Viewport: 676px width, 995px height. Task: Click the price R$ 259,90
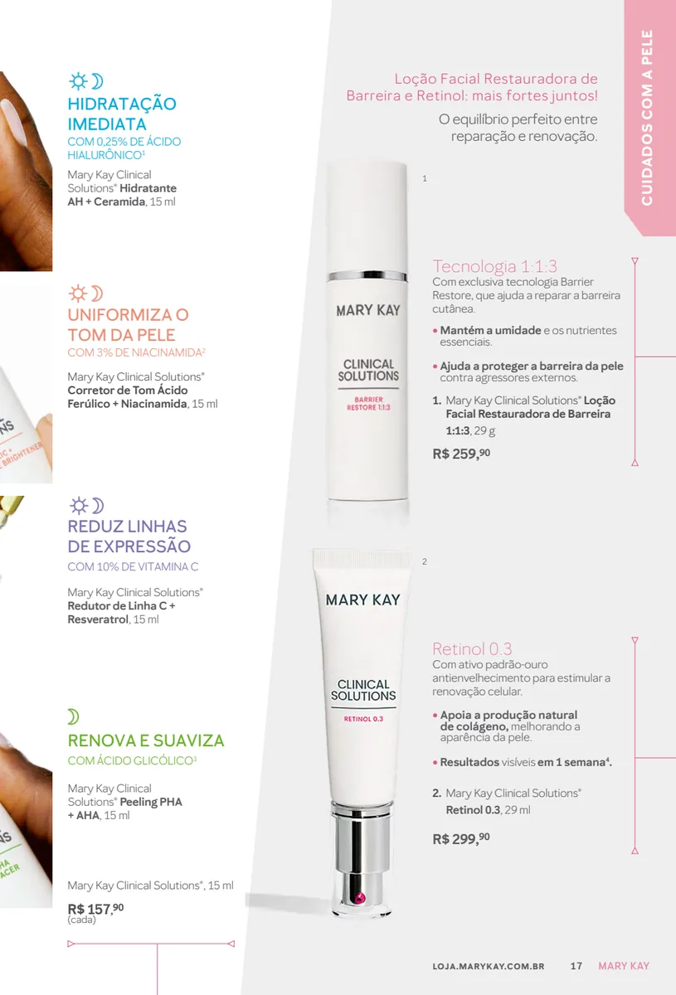point(461,454)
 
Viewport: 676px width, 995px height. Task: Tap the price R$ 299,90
point(461,838)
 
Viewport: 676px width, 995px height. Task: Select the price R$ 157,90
point(95,909)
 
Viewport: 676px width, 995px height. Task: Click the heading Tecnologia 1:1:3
point(494,266)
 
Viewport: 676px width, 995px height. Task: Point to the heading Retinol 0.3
point(472,649)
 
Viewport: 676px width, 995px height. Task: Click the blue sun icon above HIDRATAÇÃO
point(78,81)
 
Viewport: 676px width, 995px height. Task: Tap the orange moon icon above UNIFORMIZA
point(97,294)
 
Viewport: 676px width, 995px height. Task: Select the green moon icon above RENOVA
point(73,716)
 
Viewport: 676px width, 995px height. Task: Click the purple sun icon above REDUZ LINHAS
point(79,506)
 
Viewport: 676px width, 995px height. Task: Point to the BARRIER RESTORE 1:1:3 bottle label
point(368,403)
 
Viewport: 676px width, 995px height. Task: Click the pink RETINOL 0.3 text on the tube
point(363,719)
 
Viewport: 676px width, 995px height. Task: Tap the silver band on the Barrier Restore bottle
point(367,276)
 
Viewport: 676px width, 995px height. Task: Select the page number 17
point(576,966)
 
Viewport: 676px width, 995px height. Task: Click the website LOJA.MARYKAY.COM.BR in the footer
point(489,966)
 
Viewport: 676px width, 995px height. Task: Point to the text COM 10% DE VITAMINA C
point(133,566)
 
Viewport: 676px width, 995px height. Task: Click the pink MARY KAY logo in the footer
point(624,966)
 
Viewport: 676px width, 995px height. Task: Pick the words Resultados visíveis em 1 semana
point(523,762)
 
